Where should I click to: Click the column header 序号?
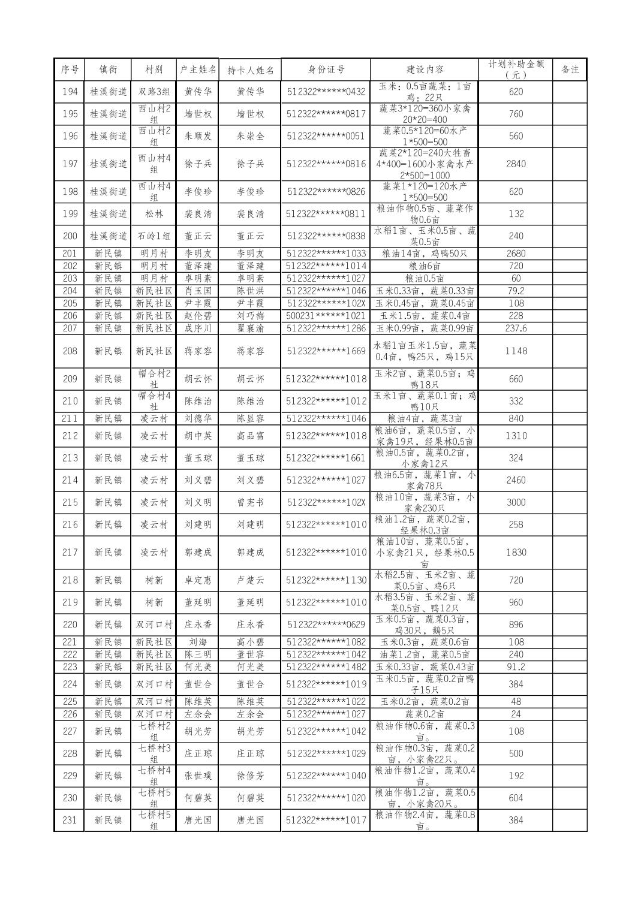click(x=70, y=70)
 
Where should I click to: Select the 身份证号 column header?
click(x=326, y=70)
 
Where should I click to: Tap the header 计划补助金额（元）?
click(x=515, y=70)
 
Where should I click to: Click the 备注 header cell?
click(x=570, y=70)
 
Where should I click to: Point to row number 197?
click(x=70, y=164)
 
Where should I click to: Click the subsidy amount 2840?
click(x=515, y=164)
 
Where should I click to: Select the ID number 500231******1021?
click(x=326, y=316)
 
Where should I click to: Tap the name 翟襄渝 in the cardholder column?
click(x=250, y=328)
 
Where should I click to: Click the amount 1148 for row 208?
click(x=515, y=351)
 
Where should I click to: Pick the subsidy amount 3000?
click(x=515, y=502)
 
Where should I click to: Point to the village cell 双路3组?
click(x=154, y=92)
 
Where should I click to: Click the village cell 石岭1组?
click(x=154, y=236)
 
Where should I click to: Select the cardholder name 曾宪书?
click(x=250, y=502)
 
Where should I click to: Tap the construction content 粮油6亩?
click(x=424, y=266)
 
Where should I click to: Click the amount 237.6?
click(x=515, y=328)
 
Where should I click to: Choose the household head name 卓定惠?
click(x=198, y=580)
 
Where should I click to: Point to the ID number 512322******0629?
click(x=326, y=625)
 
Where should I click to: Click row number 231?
click(x=70, y=820)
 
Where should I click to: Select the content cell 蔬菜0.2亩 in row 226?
click(x=424, y=714)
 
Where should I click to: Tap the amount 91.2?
click(x=515, y=667)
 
